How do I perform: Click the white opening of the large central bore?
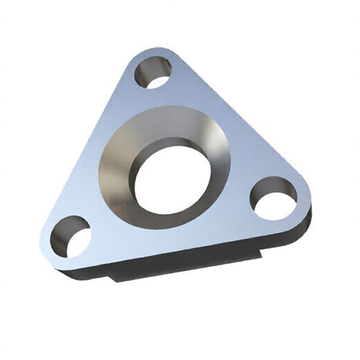pos(172,178)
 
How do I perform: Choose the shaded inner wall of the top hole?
pos(144,71)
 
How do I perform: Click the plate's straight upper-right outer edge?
pos(240,114)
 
